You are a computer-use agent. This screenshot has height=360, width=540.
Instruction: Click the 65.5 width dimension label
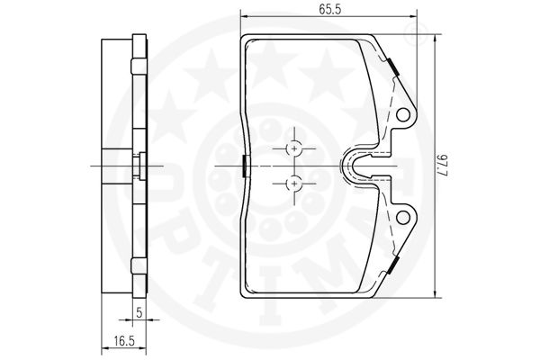329,9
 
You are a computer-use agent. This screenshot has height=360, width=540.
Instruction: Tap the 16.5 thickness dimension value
124,341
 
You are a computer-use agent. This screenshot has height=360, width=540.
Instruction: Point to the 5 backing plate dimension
139,312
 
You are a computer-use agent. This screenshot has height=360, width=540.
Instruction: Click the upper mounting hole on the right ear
402,115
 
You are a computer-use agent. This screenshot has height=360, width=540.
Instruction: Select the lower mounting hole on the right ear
402,218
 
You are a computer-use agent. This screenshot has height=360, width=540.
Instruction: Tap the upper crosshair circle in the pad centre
294,148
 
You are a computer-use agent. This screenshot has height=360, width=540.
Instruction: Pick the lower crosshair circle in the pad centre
294,184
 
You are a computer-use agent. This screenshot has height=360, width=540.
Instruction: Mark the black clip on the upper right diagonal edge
393,67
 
